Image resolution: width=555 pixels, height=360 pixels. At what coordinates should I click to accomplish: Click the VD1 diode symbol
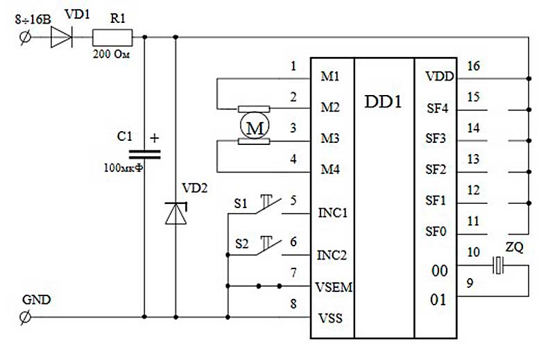[x=62, y=37]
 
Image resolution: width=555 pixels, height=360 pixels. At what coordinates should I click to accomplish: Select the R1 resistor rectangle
[x=112, y=37]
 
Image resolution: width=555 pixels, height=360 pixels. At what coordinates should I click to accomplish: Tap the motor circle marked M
[x=254, y=126]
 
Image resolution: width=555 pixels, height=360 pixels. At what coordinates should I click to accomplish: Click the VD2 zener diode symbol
[x=176, y=213]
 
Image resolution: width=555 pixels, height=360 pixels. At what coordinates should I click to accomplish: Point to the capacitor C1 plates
[x=144, y=155]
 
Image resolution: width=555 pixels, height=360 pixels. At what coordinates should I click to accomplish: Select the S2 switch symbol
[x=268, y=246]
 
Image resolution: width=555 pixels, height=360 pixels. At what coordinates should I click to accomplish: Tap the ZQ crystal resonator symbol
[x=498, y=265]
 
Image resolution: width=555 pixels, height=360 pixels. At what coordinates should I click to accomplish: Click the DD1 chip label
[x=384, y=102]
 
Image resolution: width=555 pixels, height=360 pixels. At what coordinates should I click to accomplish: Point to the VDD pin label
[x=439, y=76]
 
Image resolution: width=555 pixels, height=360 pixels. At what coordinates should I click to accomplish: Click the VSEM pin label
[x=334, y=286]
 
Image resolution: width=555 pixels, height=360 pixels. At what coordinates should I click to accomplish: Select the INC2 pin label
[x=332, y=255]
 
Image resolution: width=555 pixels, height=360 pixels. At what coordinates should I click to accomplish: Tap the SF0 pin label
[x=436, y=232]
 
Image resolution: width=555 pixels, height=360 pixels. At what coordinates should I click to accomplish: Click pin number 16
[x=473, y=66]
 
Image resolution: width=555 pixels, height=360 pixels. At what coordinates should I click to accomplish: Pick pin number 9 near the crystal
[x=470, y=283]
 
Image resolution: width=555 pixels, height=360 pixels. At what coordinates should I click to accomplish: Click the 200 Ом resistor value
[x=112, y=54]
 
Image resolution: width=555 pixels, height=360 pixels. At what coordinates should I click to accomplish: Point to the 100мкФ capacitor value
[x=123, y=167]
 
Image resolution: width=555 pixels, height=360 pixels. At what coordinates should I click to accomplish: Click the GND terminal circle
[x=25, y=317]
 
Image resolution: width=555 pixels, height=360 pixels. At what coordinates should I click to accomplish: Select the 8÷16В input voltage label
[x=33, y=19]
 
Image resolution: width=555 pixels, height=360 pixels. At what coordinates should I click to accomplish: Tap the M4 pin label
[x=330, y=169]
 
